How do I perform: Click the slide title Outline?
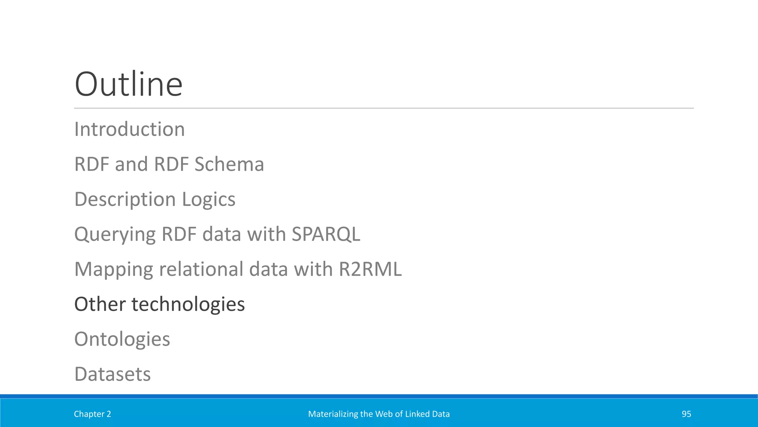tap(128, 84)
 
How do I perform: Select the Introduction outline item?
tap(130, 129)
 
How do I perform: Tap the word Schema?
tap(229, 164)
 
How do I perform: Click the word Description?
tap(125, 199)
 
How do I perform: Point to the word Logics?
tap(208, 199)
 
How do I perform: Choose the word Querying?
tap(115, 235)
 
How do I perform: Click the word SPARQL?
tap(326, 234)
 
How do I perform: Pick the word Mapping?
tap(114, 269)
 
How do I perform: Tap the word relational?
tap(201, 269)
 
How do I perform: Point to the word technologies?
tap(188, 304)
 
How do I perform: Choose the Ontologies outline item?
tap(122, 339)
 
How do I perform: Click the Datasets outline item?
tap(113, 374)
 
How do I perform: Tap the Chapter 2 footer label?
tap(92, 414)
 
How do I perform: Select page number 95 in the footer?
tap(686, 414)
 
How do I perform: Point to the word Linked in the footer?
tap(415, 414)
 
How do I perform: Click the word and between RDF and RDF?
tap(132, 164)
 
